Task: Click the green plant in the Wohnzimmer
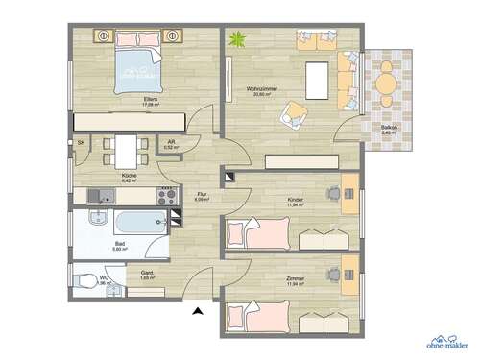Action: click(x=238, y=41)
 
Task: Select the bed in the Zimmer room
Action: click(x=257, y=313)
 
